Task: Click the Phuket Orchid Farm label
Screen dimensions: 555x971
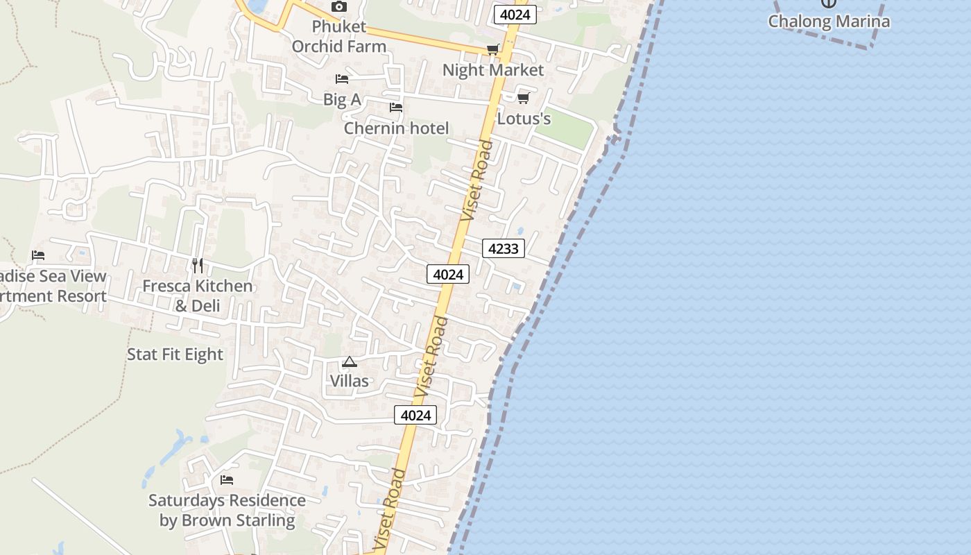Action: [338, 37]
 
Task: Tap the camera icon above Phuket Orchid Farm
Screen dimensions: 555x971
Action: [338, 7]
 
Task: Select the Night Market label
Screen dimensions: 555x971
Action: [493, 70]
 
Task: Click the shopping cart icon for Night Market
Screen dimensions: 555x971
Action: [492, 49]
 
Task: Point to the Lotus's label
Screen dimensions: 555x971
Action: [524, 119]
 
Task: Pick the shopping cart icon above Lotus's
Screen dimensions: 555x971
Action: [524, 98]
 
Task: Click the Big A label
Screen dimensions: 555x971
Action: [342, 99]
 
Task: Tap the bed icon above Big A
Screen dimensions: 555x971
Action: [342, 79]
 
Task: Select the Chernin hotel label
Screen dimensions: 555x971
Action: [396, 128]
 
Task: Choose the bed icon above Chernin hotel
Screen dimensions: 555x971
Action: [396, 108]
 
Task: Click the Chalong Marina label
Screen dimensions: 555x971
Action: [828, 21]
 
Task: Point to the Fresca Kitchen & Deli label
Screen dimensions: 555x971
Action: [198, 296]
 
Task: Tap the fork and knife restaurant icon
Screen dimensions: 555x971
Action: [198, 266]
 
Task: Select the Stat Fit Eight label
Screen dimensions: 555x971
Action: [175, 355]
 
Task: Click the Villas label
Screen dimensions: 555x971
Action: [349, 381]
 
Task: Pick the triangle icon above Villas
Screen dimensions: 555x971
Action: [349, 361]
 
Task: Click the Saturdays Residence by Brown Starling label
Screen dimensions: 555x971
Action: [227, 510]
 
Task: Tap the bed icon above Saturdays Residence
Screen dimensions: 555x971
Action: [227, 479]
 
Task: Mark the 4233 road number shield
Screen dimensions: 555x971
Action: [503, 248]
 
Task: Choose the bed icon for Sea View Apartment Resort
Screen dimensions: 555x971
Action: [38, 255]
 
